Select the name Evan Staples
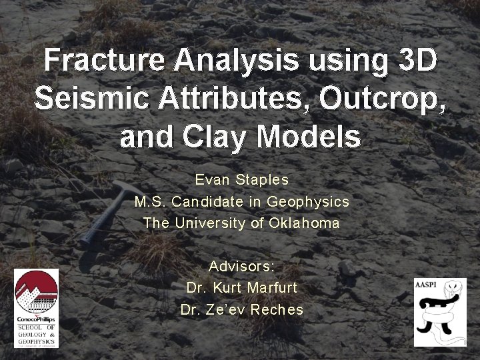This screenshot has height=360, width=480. click(x=241, y=180)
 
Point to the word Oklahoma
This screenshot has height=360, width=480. click(x=304, y=223)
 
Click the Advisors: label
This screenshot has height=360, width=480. click(x=241, y=266)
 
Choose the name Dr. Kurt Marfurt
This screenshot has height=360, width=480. click(x=241, y=288)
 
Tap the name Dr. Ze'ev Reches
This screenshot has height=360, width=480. click(x=241, y=310)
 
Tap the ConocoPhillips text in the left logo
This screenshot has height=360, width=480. click(x=37, y=320)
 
